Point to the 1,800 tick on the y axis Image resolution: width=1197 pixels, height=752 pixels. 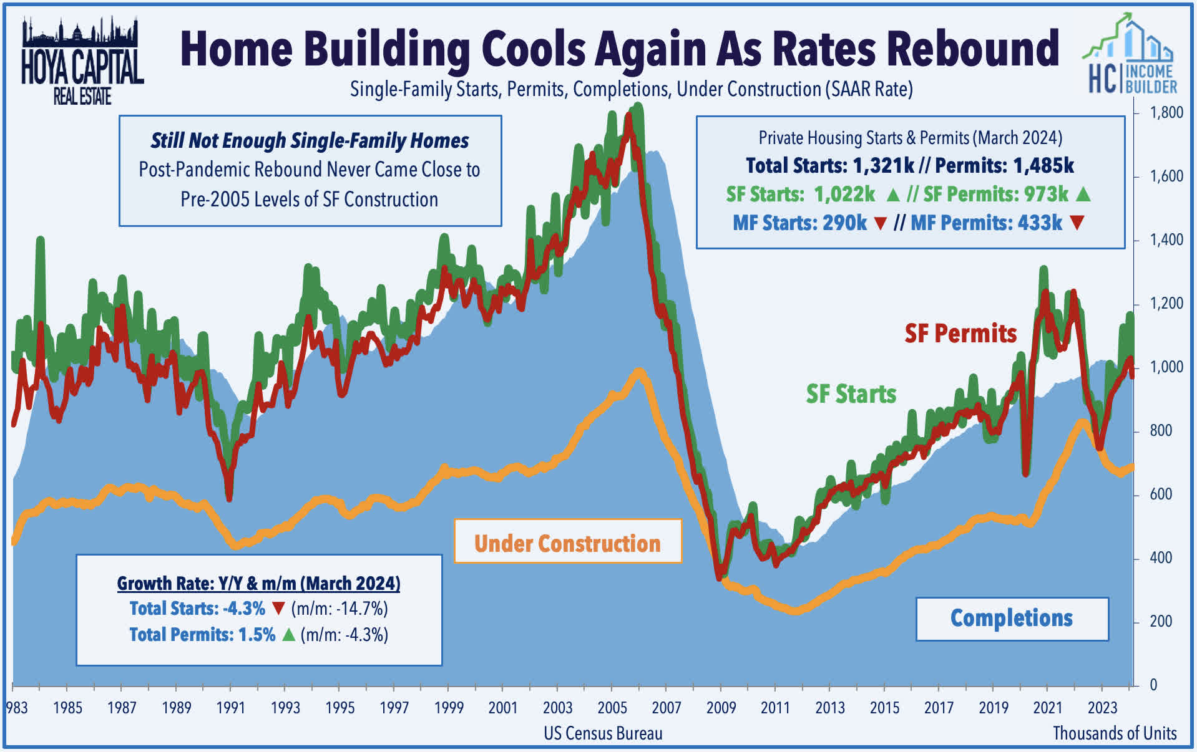tap(1166, 113)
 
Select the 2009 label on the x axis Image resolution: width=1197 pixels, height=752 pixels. tap(721, 708)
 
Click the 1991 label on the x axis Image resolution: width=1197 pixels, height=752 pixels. tap(230, 708)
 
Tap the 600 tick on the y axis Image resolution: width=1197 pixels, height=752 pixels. tap(1161, 494)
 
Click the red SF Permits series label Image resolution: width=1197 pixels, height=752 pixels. tap(960, 334)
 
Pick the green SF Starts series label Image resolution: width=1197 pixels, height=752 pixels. tap(851, 394)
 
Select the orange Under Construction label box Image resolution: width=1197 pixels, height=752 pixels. tap(567, 542)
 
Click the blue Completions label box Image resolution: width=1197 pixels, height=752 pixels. tap(1011, 618)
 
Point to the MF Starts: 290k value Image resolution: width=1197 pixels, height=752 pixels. tap(799, 223)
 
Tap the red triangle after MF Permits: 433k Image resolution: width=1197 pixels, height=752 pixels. tap(1077, 223)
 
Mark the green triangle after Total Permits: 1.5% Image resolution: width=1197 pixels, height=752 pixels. tap(288, 635)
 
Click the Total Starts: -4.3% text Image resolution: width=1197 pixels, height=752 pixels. tap(197, 609)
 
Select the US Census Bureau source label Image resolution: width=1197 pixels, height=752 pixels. tap(603, 733)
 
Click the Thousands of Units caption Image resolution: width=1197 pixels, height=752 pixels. tap(1115, 733)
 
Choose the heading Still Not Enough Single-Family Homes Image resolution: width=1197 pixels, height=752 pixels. tap(310, 141)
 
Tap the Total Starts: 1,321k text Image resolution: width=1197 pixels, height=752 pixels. tap(829, 166)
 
